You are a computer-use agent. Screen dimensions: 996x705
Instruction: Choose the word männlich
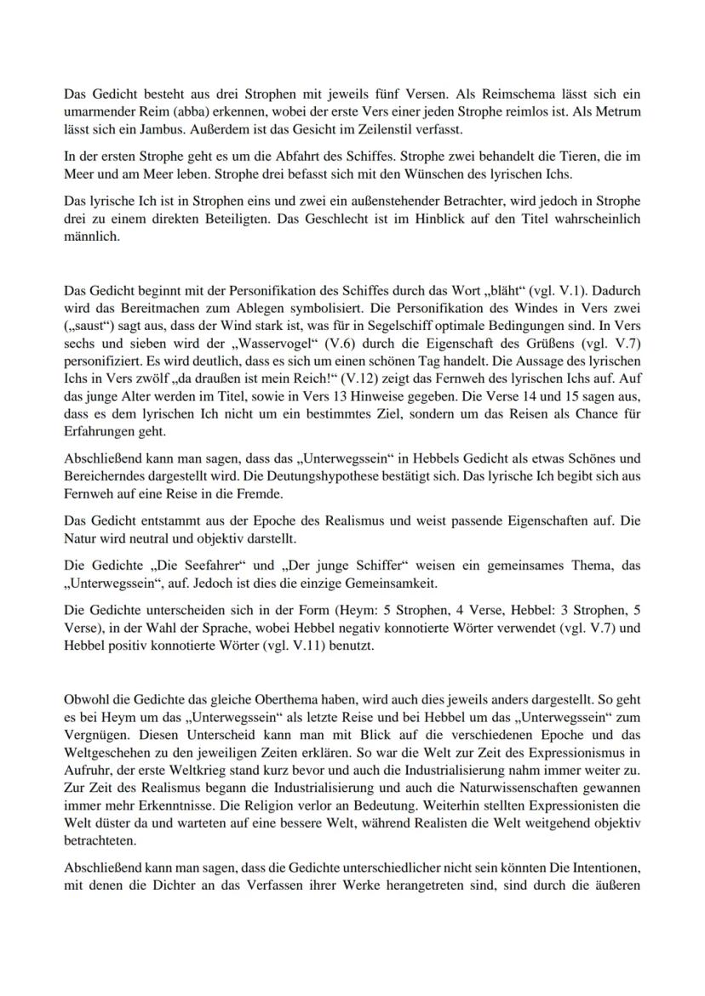(x=92, y=236)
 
